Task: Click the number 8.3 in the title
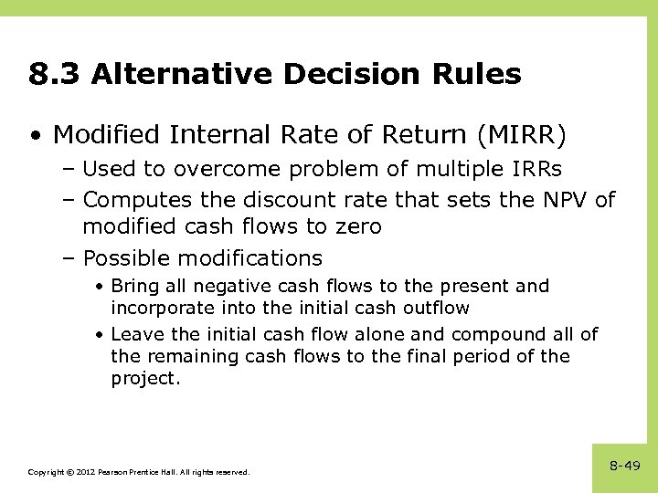(54, 74)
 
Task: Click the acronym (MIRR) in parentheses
(522, 136)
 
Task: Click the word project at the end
(145, 379)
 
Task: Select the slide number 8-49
(624, 466)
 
